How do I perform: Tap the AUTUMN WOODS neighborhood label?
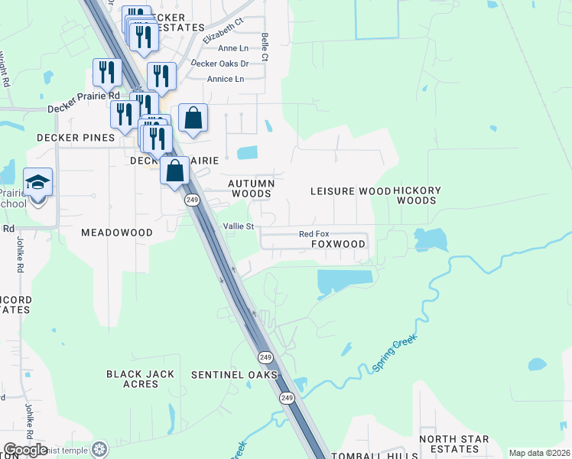tap(252, 189)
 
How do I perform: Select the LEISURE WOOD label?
tap(349, 190)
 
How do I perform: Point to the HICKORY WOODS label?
tap(418, 195)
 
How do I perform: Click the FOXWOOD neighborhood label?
tap(338, 244)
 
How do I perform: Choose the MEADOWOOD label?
tap(117, 232)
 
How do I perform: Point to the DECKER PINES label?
tap(76, 138)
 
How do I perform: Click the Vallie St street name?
tap(237, 226)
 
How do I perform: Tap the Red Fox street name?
tap(313, 234)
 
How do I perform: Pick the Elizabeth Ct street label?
tap(223, 31)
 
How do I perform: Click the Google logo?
tap(24, 450)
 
